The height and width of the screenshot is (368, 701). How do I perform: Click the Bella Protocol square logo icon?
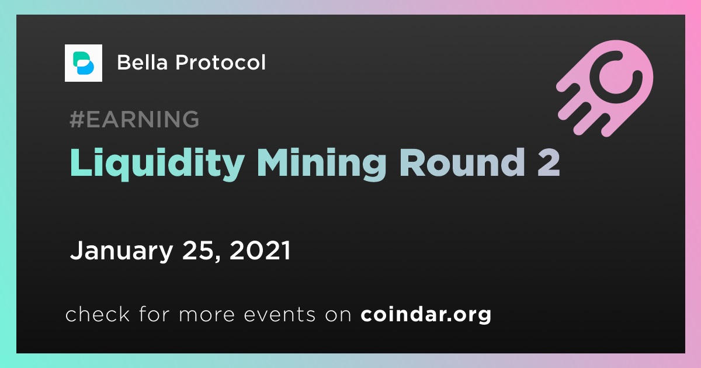83,63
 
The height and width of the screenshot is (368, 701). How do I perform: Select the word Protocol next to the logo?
220,63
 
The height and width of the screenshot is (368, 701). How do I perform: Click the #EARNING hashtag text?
134,119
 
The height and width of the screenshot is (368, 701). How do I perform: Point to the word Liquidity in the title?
157,164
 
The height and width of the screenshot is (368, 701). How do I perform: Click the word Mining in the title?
321,164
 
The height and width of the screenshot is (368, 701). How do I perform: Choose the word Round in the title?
461,162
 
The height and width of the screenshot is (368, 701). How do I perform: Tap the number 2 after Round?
549,162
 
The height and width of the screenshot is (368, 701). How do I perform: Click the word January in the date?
122,251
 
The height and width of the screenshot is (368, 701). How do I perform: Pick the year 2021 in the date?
260,251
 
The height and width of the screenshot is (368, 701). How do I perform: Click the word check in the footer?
98,314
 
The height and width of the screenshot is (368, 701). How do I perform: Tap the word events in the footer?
280,314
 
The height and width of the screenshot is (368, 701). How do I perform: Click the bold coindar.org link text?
426,314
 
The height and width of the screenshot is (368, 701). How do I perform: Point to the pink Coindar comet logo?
605,88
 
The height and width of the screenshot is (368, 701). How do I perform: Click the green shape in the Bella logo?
80,59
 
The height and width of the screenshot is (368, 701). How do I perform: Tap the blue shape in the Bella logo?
85,68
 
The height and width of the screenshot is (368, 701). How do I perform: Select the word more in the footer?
207,314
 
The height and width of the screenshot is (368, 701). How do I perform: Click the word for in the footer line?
154,314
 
